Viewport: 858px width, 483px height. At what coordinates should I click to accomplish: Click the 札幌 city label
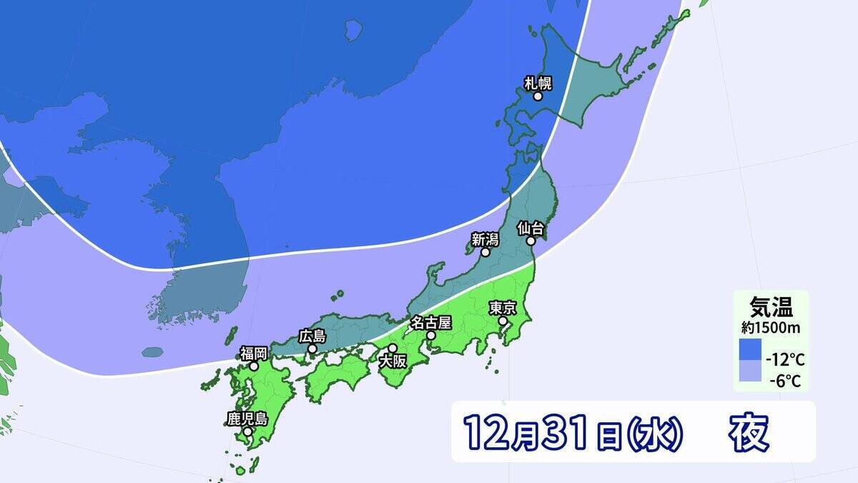pyautogui.click(x=538, y=82)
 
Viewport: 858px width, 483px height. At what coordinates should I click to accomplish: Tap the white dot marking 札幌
pyautogui.click(x=538, y=96)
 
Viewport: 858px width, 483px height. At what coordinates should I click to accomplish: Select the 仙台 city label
pyautogui.click(x=532, y=229)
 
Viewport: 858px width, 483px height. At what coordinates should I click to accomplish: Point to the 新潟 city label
pyautogui.click(x=485, y=239)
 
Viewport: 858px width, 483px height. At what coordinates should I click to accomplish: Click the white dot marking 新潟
pyautogui.click(x=485, y=253)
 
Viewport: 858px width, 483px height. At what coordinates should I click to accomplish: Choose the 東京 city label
pyautogui.click(x=503, y=308)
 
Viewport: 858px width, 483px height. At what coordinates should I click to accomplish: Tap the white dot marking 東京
pyautogui.click(x=503, y=321)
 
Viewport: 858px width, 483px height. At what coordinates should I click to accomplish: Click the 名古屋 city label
pyautogui.click(x=430, y=322)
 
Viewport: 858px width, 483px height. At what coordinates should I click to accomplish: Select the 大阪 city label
pyautogui.click(x=393, y=361)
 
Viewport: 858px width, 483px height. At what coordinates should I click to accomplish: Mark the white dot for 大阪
pyautogui.click(x=392, y=348)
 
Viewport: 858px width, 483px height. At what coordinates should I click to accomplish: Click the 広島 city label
pyautogui.click(x=312, y=336)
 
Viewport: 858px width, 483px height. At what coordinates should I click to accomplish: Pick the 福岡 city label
pyautogui.click(x=254, y=352)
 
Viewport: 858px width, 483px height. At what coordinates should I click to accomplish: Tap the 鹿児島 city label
pyautogui.click(x=247, y=419)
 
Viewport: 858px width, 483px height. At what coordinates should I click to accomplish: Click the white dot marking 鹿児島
pyautogui.click(x=247, y=431)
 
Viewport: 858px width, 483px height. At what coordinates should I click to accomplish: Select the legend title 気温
pyautogui.click(x=770, y=308)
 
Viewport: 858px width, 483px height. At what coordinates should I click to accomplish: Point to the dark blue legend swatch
pyautogui.click(x=750, y=350)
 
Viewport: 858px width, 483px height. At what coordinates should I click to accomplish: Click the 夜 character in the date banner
pyautogui.click(x=749, y=432)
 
